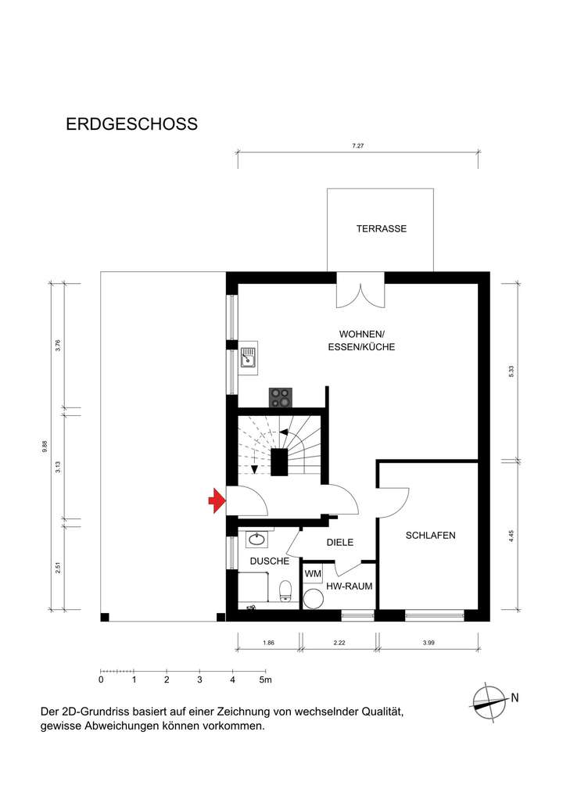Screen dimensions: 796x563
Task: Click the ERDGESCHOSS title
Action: tap(131, 124)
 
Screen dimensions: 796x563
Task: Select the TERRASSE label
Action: tap(381, 229)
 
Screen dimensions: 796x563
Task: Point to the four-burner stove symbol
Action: tap(281, 397)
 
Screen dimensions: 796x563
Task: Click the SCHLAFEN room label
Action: tap(430, 536)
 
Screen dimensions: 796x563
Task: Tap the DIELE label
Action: tap(340, 542)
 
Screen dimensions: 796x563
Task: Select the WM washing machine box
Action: tap(313, 575)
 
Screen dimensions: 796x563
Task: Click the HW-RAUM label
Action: tap(349, 586)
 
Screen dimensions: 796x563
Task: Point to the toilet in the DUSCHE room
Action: tap(286, 590)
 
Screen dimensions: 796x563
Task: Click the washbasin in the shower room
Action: tap(256, 539)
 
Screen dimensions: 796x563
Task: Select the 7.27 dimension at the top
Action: tap(358, 146)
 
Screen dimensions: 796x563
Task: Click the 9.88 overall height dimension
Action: tap(45, 446)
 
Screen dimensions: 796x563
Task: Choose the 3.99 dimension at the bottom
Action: tap(429, 643)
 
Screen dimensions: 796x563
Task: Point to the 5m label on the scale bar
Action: tap(266, 680)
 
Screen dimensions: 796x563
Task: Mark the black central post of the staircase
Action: tap(281, 461)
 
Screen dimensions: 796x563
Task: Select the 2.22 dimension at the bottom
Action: tap(339, 643)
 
